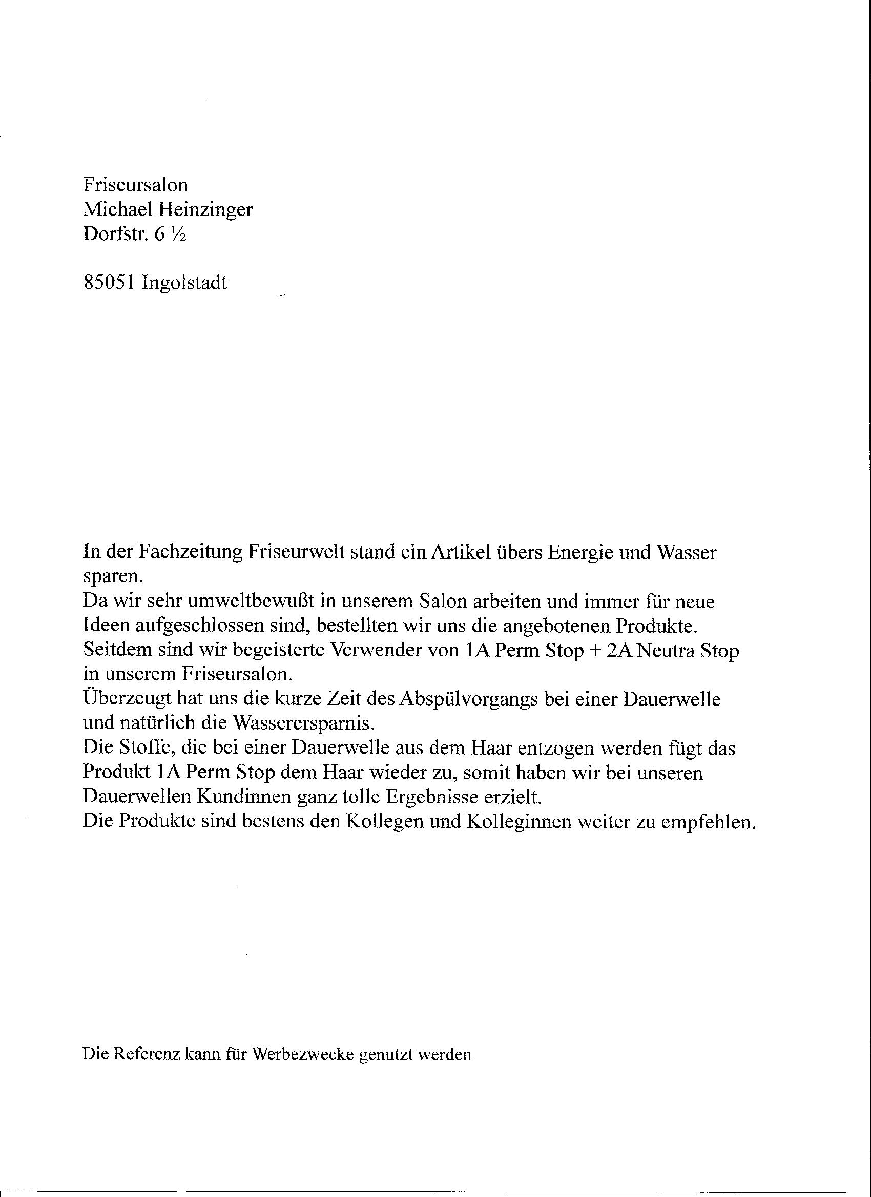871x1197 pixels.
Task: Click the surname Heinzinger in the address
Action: [206, 209]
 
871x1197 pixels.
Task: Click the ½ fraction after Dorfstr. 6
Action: [178, 234]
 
